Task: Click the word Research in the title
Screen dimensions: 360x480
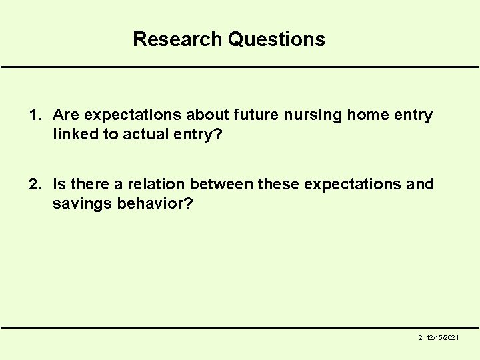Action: coord(178,39)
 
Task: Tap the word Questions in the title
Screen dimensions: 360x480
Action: coord(276,39)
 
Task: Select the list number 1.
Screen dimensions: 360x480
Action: coord(35,115)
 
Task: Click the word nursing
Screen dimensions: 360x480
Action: coord(315,115)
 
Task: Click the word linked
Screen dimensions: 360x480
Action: coord(75,134)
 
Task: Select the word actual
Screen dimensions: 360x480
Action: coord(144,134)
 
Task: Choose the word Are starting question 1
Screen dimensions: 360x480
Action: coord(67,115)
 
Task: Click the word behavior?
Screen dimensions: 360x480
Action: coord(155,203)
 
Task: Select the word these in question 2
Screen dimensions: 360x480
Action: coord(278,184)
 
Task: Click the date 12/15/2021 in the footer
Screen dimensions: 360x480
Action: coord(442,339)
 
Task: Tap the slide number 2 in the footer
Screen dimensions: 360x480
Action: coord(420,339)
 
